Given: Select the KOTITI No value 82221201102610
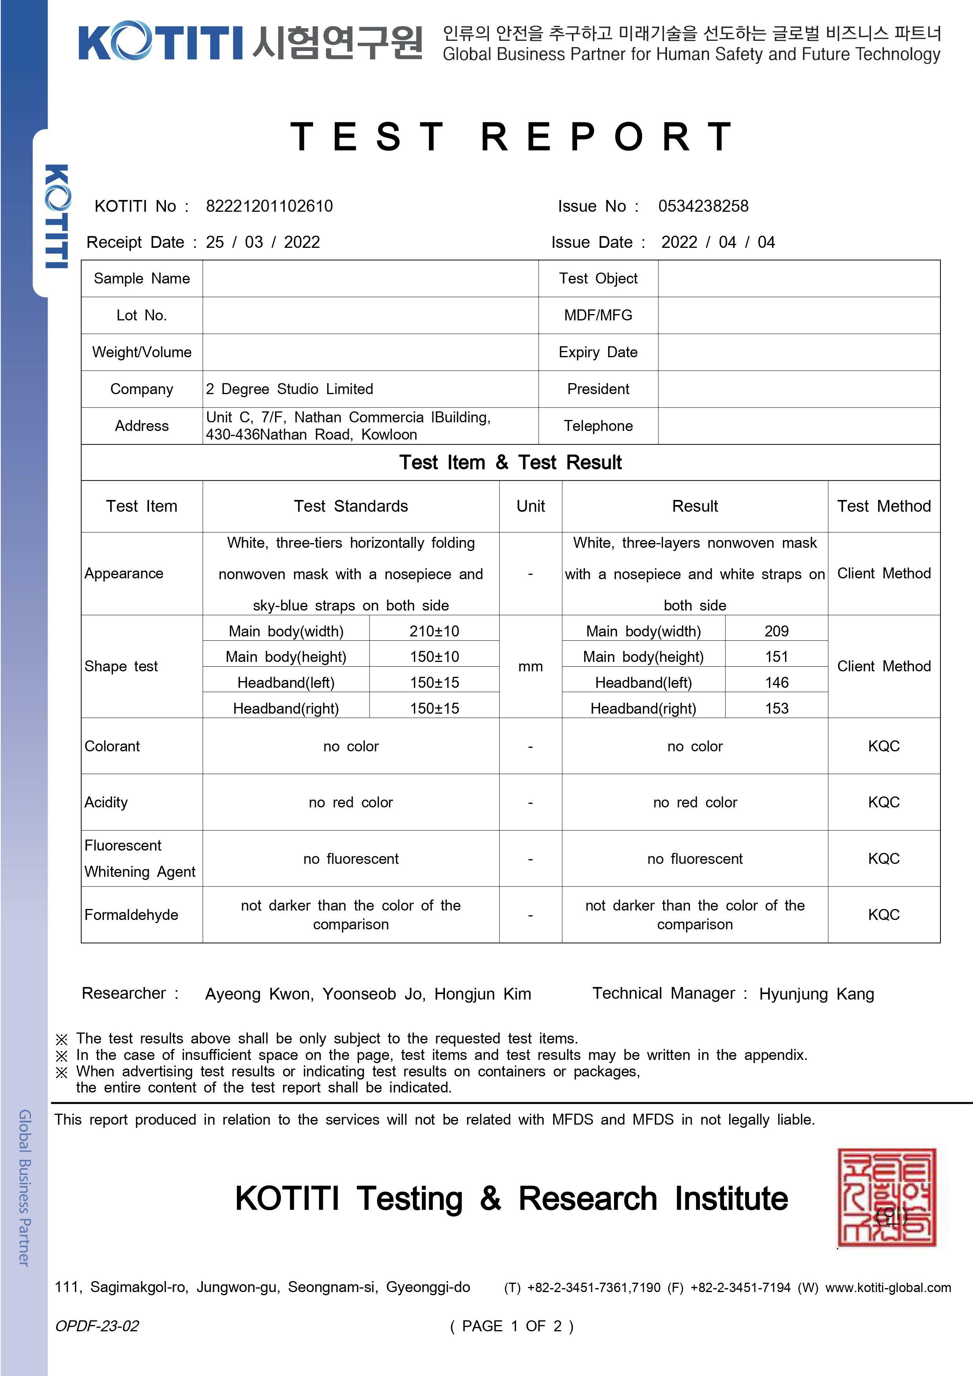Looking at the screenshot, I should [269, 206].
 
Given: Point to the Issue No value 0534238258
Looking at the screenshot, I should [703, 206].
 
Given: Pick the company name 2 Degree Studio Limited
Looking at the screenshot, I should [289, 389].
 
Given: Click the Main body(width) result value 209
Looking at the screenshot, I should [776, 631].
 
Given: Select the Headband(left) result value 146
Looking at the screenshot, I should [776, 683].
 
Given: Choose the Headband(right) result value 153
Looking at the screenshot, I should [776, 708].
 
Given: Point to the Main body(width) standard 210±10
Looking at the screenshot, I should [434, 631].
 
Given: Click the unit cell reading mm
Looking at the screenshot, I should [530, 666].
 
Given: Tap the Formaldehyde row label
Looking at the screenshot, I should [131, 914].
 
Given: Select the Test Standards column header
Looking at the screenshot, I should [351, 506].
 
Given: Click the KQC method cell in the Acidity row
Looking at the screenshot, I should [884, 802].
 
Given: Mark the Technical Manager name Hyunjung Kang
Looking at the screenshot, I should [816, 994].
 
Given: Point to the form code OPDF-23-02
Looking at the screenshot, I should [97, 1326].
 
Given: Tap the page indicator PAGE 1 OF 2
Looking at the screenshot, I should [511, 1326].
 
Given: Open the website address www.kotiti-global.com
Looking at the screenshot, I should [888, 1288].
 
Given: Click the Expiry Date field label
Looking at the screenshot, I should [598, 353].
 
